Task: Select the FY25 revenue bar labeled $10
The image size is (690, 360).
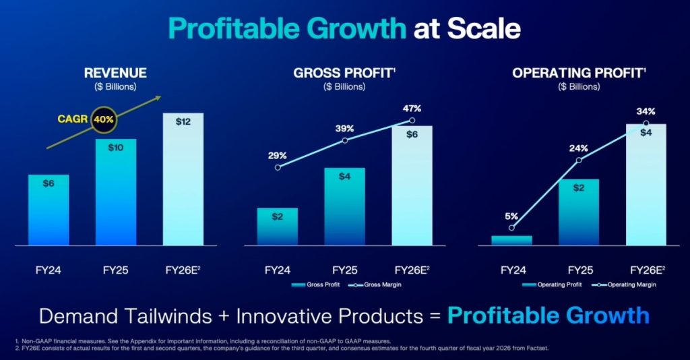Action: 115,192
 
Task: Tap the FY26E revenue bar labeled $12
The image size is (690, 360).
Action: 183,179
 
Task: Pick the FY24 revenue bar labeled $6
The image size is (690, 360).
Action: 48,209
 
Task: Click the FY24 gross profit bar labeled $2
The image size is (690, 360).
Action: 277,226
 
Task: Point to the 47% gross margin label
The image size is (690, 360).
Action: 412,109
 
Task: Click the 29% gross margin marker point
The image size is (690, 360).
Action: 277,167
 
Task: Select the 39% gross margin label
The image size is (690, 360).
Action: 345,127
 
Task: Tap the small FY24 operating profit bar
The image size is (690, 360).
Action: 511,240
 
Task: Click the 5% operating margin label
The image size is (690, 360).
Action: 511,216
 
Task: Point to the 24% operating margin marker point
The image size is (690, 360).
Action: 579,160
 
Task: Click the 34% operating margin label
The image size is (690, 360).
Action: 646,111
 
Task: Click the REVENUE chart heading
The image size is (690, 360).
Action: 115,73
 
